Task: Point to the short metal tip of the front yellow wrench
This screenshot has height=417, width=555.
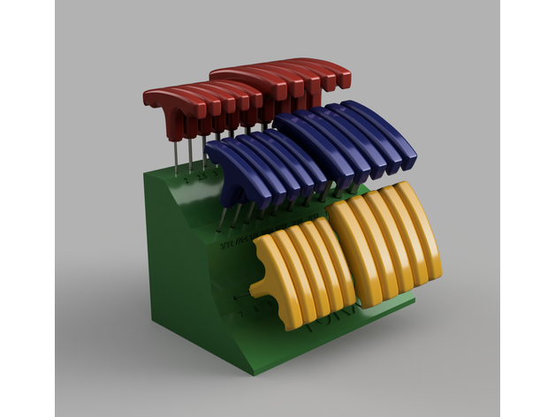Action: tap(241, 298)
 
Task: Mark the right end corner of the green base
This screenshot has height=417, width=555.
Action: tap(413, 303)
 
